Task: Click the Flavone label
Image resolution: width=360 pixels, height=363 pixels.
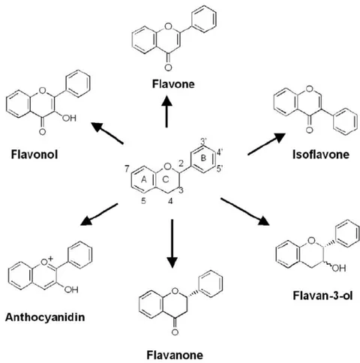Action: point(173,84)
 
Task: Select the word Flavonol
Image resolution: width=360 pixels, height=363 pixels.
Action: point(34,154)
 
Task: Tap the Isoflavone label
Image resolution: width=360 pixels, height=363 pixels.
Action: point(321,154)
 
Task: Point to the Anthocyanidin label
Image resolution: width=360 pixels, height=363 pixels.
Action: point(45,317)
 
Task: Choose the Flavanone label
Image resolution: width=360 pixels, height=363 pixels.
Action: point(175,355)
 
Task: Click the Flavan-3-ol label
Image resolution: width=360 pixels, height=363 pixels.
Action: point(322,295)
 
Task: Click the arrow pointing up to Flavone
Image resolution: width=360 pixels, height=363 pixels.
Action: point(166,111)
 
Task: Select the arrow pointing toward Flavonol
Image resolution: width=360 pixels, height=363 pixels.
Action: point(107,133)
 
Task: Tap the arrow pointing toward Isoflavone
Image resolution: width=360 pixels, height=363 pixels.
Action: point(266,144)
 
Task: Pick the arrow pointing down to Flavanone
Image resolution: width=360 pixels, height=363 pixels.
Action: point(172,244)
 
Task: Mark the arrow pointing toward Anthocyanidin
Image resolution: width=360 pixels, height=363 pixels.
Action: point(99,214)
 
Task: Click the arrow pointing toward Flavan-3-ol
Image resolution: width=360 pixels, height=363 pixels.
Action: point(245,211)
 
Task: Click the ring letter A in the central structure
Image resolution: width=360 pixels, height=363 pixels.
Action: point(144,179)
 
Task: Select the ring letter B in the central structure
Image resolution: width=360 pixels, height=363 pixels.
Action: point(204,158)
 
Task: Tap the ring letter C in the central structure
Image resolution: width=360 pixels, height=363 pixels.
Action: point(166,179)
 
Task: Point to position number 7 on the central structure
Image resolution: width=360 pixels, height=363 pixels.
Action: point(127,169)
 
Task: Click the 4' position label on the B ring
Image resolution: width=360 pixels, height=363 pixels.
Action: point(220,152)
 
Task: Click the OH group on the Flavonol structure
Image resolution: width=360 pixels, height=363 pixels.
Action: point(69,118)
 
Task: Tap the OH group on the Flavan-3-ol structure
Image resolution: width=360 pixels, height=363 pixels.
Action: point(339,268)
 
